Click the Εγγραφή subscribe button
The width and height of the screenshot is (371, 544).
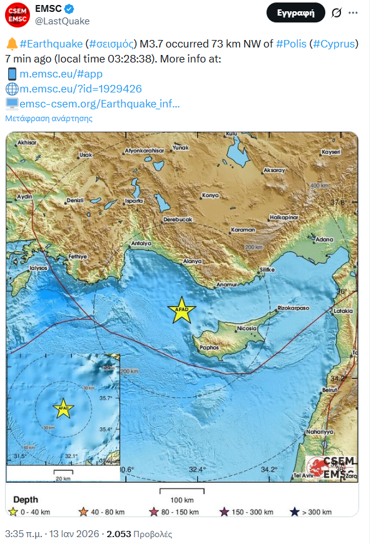click(x=296, y=12)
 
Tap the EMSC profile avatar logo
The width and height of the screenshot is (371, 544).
click(x=17, y=14)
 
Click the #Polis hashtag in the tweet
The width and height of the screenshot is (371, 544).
click(x=291, y=44)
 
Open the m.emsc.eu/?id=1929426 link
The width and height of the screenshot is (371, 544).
click(x=81, y=89)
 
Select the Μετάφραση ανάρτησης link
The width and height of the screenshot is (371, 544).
click(x=49, y=118)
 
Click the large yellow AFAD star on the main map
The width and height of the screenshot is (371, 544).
click(x=181, y=310)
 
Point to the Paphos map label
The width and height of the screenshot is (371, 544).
click(x=210, y=347)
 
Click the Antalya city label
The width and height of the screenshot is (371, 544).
click(x=142, y=243)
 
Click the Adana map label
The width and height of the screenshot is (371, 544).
click(x=325, y=239)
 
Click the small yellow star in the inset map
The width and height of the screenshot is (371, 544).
click(x=63, y=408)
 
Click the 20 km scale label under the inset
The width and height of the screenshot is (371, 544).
click(x=63, y=478)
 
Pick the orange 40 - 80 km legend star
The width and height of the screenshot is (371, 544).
click(x=83, y=512)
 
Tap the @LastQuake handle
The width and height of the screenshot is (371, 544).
click(x=63, y=21)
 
